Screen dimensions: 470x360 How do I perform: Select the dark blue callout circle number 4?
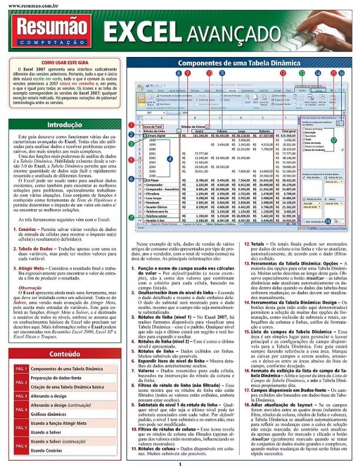pos(169,159)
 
